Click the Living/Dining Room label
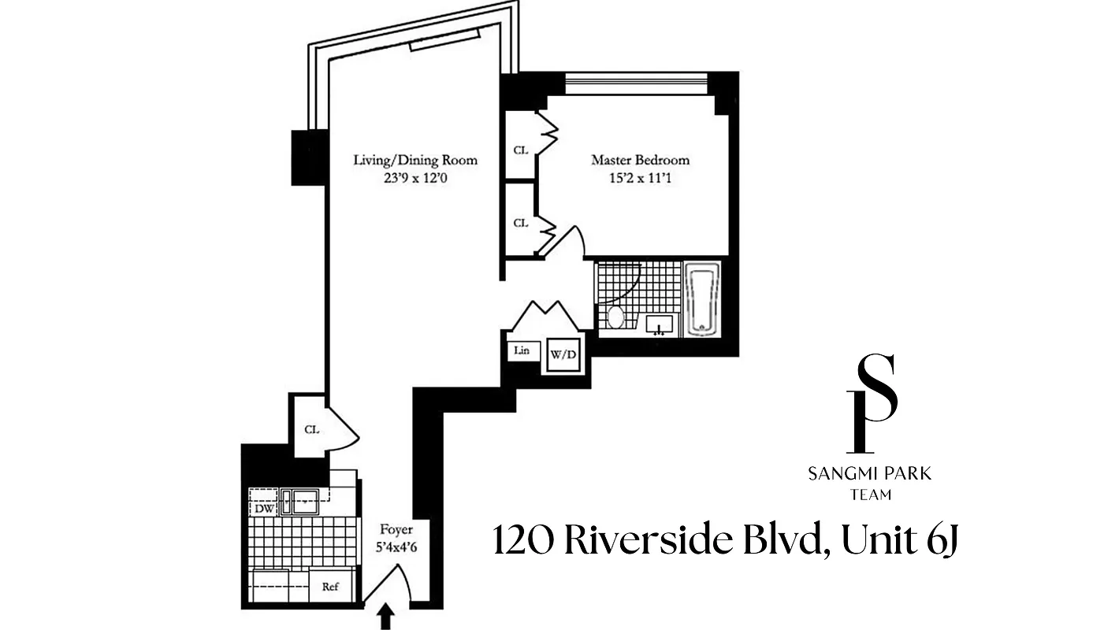[x=415, y=160]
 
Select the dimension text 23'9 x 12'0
[x=415, y=178]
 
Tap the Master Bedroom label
[x=640, y=160]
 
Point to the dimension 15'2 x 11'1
[x=640, y=178]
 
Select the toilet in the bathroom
[x=616, y=318]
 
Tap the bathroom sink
[x=661, y=324]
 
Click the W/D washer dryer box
[x=563, y=355]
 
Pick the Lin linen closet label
[x=522, y=350]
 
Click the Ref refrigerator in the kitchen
[x=330, y=586]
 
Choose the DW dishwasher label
[x=262, y=509]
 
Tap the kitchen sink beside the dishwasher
[x=300, y=502]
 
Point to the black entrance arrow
[x=385, y=617]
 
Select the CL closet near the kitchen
[x=311, y=429]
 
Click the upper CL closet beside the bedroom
[x=520, y=150]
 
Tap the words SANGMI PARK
[x=870, y=474]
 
